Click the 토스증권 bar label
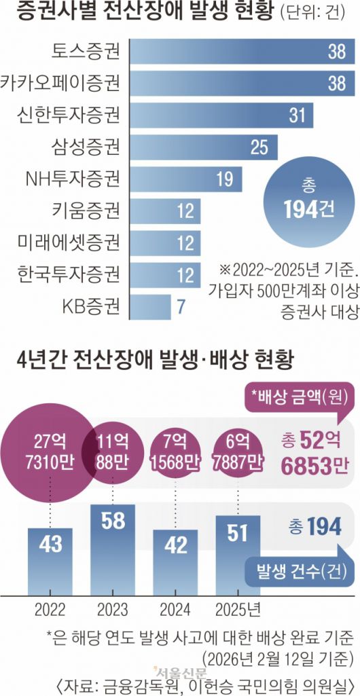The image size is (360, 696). (x=86, y=51)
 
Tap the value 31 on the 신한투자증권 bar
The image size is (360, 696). (x=297, y=115)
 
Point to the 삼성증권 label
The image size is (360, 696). (x=86, y=147)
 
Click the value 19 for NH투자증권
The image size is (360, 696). (x=225, y=179)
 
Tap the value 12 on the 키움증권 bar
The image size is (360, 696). (x=185, y=211)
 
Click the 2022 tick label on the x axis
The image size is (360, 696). (x=50, y=606)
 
